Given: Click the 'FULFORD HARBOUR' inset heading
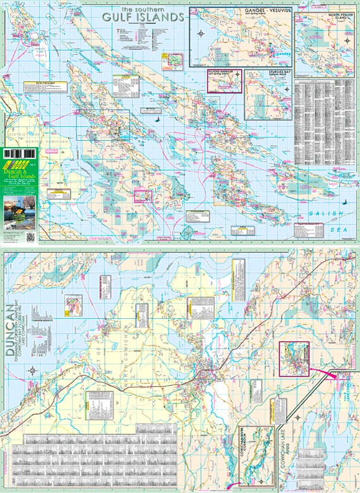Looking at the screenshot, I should tap(224, 74).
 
